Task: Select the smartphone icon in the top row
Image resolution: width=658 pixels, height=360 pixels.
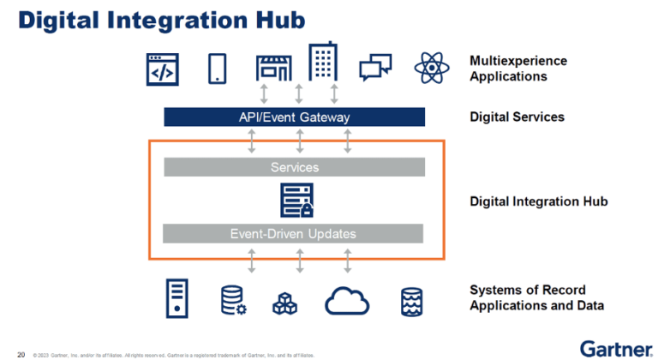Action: click(x=217, y=68)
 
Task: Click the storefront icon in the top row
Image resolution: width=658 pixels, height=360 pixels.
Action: click(x=274, y=68)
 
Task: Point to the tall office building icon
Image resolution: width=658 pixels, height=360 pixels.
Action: click(x=323, y=63)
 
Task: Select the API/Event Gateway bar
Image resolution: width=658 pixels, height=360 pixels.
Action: click(x=295, y=117)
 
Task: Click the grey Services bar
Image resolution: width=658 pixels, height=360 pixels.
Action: click(x=295, y=167)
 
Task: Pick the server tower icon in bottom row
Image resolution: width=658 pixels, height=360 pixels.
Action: click(x=176, y=299)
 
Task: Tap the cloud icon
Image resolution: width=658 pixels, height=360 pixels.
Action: click(x=347, y=300)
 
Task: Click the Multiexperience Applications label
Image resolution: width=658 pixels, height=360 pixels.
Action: click(x=517, y=69)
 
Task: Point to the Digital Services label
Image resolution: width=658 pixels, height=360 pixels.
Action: click(x=517, y=117)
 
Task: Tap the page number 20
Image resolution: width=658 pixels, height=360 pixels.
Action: click(x=21, y=352)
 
